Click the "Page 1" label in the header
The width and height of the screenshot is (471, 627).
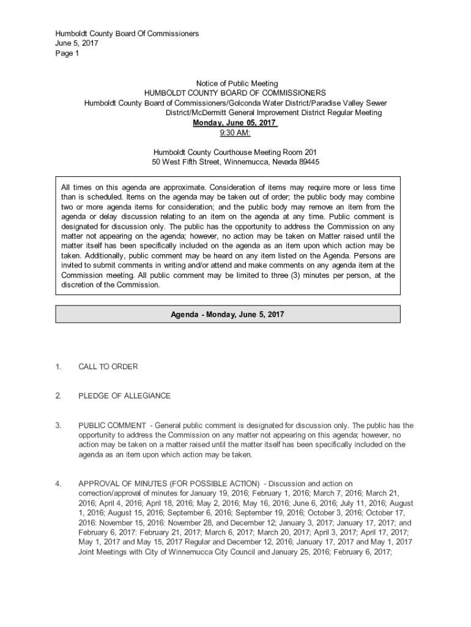tap(67, 53)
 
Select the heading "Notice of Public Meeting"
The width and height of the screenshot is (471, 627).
tap(236, 83)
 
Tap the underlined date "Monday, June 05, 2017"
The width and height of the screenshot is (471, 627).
tap(235, 122)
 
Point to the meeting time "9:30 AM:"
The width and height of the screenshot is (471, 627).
tap(235, 133)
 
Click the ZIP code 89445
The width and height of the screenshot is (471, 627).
tap(306, 162)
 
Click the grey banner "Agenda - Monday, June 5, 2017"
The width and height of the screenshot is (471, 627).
tap(228, 314)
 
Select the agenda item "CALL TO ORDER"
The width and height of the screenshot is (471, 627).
tap(108, 367)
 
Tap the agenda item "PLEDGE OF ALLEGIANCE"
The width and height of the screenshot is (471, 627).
tap(124, 396)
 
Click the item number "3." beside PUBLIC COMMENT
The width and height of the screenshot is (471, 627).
tap(58, 426)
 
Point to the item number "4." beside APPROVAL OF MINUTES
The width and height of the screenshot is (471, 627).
tap(58, 484)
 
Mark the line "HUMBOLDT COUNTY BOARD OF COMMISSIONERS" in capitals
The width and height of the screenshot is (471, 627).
tap(235, 93)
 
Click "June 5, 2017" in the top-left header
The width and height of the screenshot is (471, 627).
tap(76, 43)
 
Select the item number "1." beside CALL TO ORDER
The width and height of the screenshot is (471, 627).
tap(58, 367)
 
